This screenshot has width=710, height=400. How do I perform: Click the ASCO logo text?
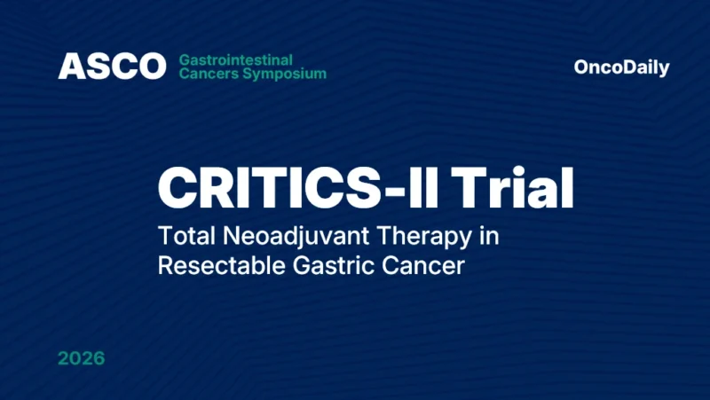112,67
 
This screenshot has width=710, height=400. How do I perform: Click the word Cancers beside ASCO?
203,74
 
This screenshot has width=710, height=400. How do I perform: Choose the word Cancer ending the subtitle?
424,266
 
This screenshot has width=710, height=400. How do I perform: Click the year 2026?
81,359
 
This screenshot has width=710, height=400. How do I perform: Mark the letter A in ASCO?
70,67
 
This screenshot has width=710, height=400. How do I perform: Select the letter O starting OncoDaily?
582,67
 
